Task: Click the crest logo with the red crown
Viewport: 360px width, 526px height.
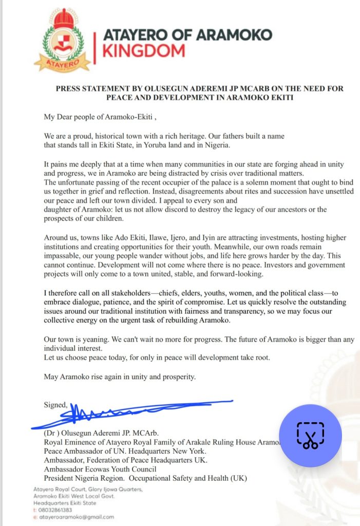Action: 58,40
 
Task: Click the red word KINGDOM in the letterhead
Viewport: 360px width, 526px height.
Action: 144,50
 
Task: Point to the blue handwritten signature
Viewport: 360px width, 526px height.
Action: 128,411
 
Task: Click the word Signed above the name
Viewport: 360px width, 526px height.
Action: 55,405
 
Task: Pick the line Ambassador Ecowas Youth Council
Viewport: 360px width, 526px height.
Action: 100,468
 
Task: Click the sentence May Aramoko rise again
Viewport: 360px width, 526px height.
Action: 120,377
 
